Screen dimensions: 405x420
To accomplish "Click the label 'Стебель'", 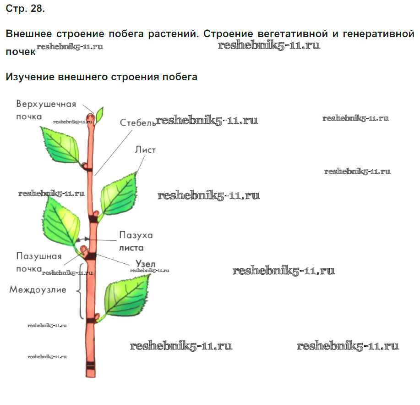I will pyautogui.click(x=135, y=122).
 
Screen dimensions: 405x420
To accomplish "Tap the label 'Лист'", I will pyautogui.click(x=145, y=150).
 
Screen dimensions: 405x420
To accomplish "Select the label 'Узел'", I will pyautogui.click(x=146, y=264).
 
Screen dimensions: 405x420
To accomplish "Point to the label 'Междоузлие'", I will pyautogui.click(x=38, y=289).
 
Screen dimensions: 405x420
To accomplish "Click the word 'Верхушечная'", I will pyautogui.click(x=46, y=104).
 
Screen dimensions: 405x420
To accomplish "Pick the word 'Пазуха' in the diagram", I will pyautogui.click(x=136, y=235).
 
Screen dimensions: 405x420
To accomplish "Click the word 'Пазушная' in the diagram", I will pyautogui.click(x=39, y=256).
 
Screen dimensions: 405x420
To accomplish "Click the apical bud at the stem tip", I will pyautogui.click(x=89, y=118).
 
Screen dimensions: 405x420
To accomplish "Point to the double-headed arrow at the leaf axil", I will pyautogui.click(x=83, y=239).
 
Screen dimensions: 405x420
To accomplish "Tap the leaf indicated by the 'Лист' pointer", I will pyautogui.click(x=118, y=193).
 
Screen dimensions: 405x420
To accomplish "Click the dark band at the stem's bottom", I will pyautogui.click(x=91, y=368).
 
